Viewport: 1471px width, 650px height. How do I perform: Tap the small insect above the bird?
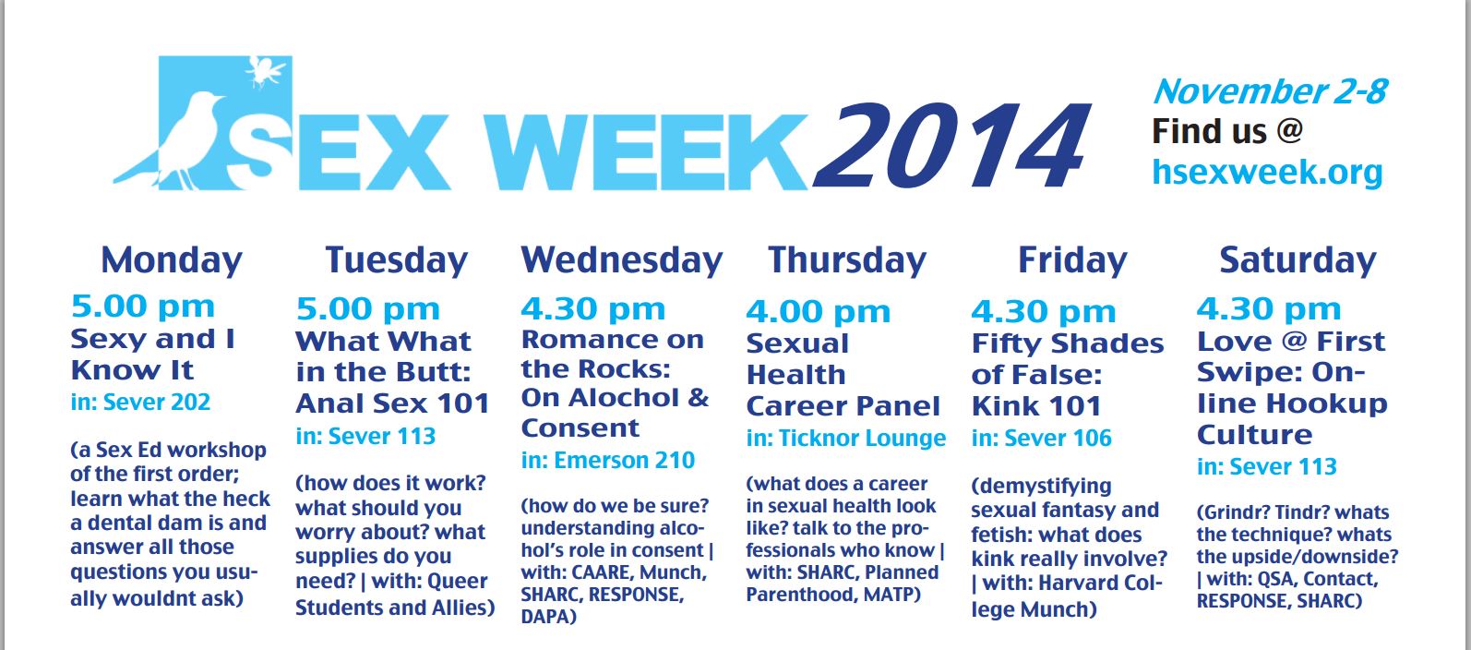[x=264, y=71]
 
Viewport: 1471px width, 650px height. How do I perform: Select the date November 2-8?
[x=1271, y=91]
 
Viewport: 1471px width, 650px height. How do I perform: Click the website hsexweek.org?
[x=1267, y=172]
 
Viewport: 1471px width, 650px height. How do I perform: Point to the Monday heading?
[x=172, y=261]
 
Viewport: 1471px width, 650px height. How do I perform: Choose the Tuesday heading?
[x=397, y=261]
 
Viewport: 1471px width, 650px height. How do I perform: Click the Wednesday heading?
[x=621, y=261]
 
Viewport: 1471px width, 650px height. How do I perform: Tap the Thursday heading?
[x=847, y=261]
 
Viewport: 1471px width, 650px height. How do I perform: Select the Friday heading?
[x=1072, y=261]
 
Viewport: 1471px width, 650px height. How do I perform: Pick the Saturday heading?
[x=1298, y=261]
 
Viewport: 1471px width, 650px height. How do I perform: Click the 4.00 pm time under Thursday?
[x=819, y=312]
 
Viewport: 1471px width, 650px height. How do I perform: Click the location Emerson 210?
[x=624, y=461]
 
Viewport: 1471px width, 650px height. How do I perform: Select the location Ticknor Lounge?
[x=862, y=439]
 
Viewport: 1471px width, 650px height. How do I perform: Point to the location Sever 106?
[x=1058, y=439]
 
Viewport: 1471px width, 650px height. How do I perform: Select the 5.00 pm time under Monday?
[x=142, y=307]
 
